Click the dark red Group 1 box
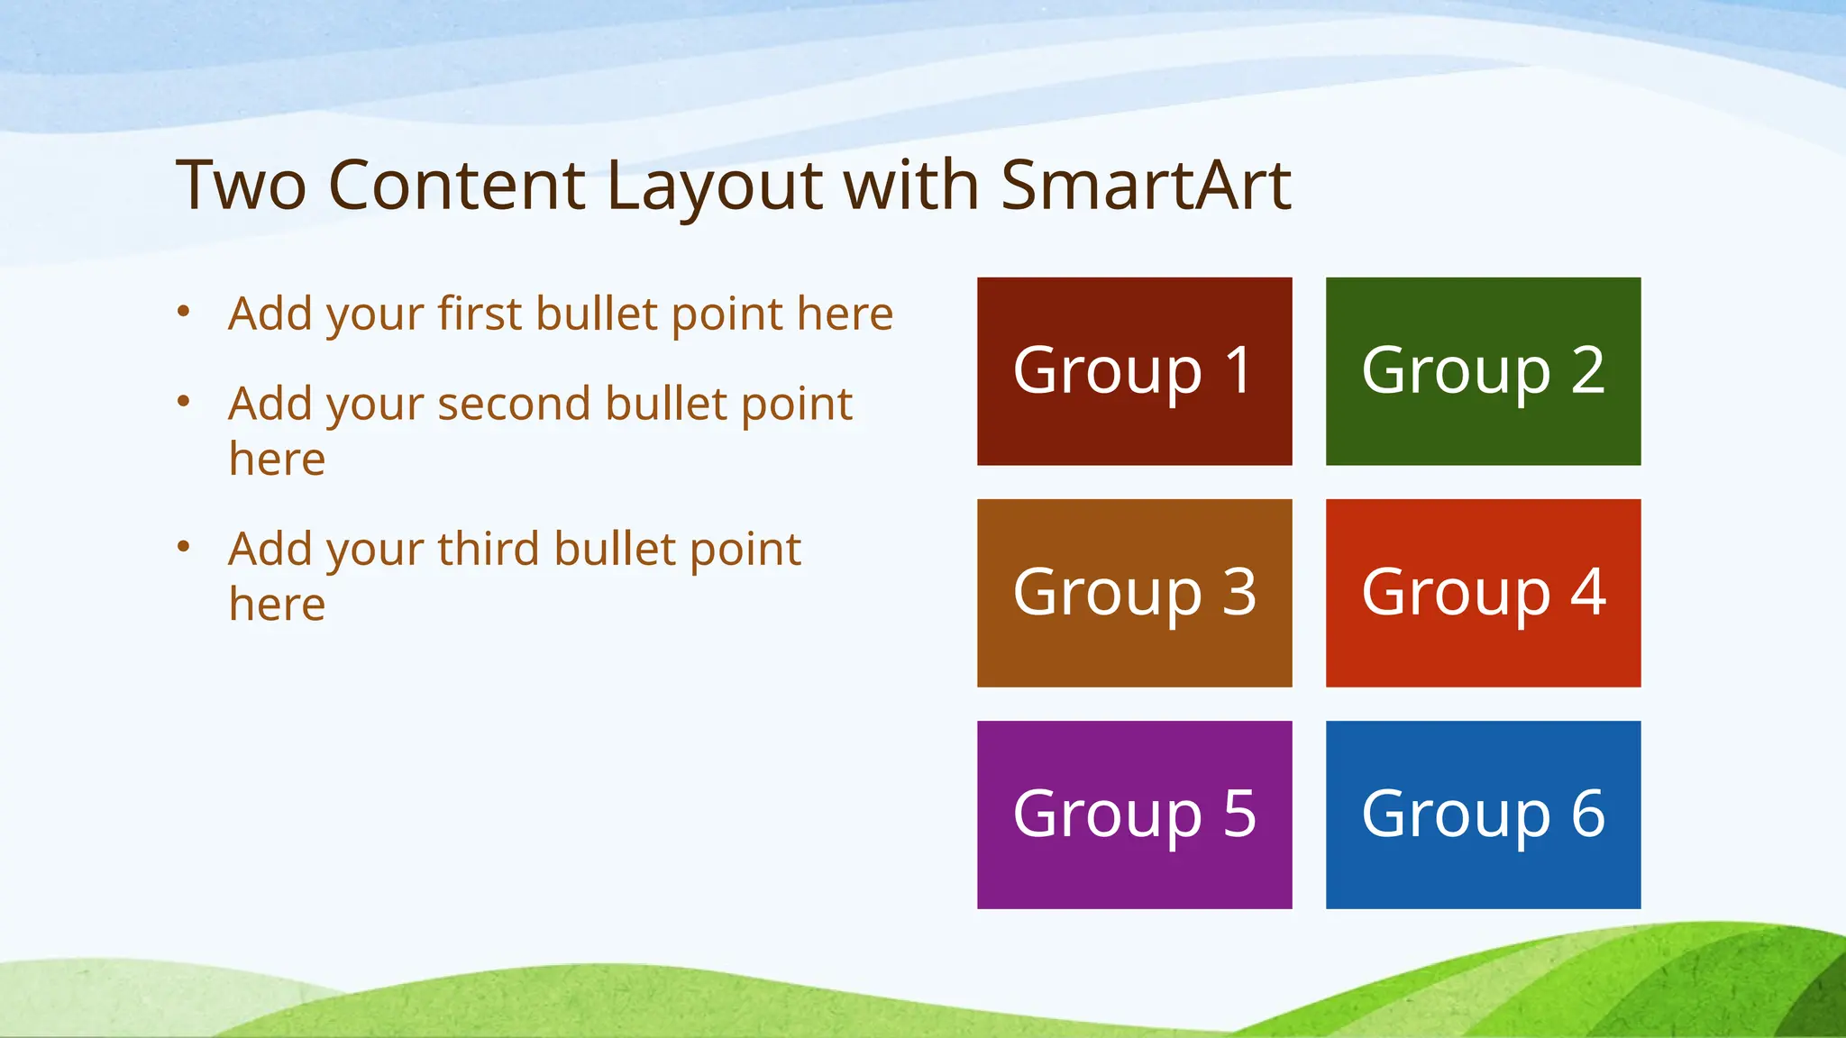1134,371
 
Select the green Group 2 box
1483,371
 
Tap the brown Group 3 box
1134,593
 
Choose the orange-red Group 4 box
1483,593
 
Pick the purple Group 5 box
1134,815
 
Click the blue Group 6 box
1483,815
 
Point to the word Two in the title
241,186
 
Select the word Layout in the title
714,186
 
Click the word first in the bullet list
480,314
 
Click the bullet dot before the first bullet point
184,312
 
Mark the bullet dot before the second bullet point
184,401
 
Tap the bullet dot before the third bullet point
184,546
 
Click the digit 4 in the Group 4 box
1588,592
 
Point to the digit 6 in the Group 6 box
1588,814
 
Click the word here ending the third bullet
277,605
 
